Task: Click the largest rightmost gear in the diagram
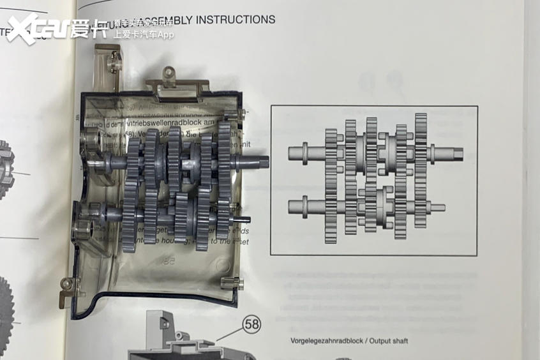[421, 170]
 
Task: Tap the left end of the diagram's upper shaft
[291, 153]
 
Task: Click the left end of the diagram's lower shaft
[291, 207]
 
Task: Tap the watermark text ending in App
[144, 34]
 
